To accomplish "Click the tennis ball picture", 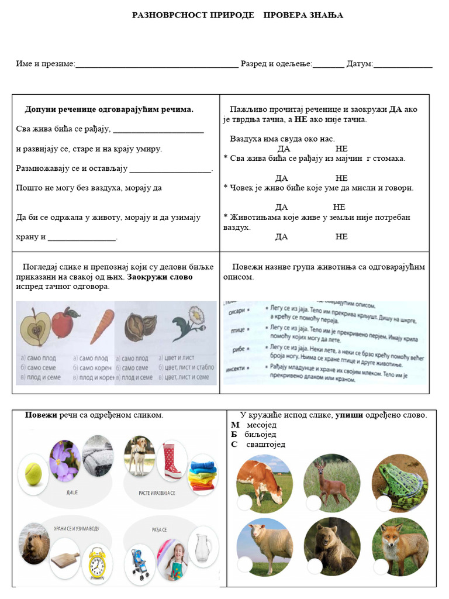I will pyautogui.click(x=33, y=474).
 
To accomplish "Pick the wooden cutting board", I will pyautogui.click(x=64, y=562).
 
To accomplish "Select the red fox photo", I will pyautogui.click(x=400, y=545).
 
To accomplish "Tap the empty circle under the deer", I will pyautogui.click(x=313, y=502).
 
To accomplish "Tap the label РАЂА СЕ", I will pyautogui.click(x=160, y=530).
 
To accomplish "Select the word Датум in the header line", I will pyautogui.click(x=360, y=63).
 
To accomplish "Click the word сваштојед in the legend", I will pyautogui.click(x=266, y=444).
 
